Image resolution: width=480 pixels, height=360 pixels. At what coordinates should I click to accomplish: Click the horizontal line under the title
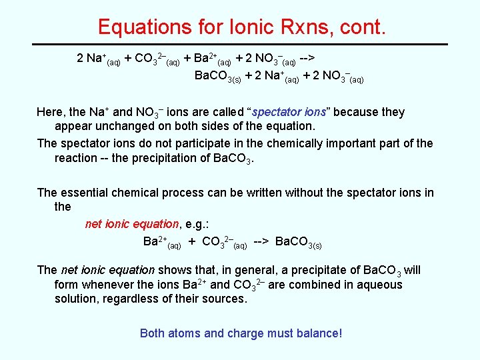pyautogui.click(x=240, y=44)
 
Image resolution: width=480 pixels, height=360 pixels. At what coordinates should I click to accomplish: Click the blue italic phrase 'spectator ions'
pyautogui.click(x=290, y=112)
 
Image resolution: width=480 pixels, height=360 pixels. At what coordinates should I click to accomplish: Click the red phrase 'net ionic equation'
pyautogui.click(x=132, y=224)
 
